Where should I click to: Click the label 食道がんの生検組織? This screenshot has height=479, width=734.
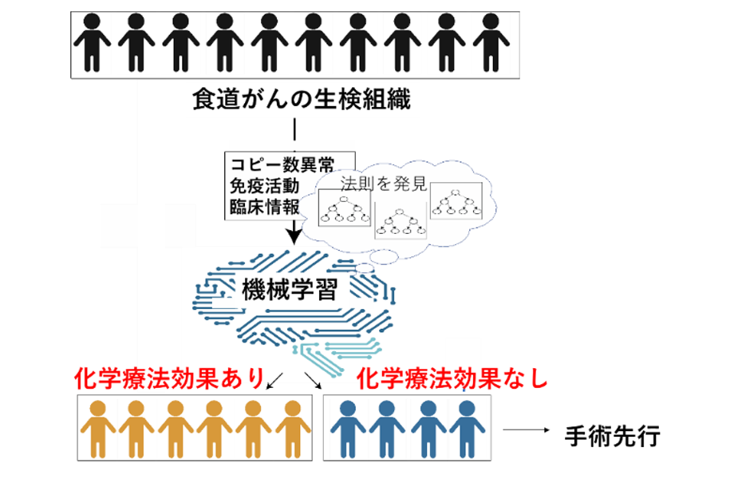[302, 99]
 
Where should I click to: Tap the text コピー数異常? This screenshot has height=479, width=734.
[282, 165]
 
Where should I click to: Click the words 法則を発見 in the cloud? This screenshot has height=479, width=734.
[384, 184]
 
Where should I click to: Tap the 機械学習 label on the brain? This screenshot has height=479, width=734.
[290, 289]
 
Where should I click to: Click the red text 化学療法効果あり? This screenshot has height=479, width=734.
[169, 378]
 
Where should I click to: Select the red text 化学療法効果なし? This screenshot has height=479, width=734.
[452, 378]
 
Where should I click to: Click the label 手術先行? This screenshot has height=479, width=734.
[612, 436]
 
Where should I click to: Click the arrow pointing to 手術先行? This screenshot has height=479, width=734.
[526, 430]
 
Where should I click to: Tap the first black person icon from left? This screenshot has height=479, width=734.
[93, 42]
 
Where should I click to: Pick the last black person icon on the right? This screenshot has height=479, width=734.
[491, 42]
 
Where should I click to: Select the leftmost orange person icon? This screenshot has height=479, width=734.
[98, 429]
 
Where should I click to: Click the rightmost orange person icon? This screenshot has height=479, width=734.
[293, 429]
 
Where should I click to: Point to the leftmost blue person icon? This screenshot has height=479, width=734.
[348, 429]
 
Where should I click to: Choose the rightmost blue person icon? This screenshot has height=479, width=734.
[467, 429]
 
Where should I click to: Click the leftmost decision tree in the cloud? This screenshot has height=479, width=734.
[345, 209]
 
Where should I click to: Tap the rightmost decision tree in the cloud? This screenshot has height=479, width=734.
[456, 200]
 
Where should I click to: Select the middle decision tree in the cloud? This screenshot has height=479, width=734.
[401, 221]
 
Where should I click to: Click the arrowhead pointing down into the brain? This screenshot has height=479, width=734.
[294, 237]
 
